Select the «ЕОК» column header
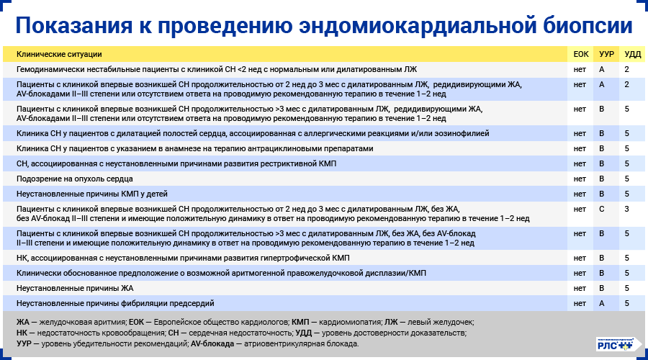pos(580,54)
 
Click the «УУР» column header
pos(606,54)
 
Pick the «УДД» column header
pos(631,54)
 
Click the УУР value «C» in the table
pos(601,209)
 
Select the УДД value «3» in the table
pos(627,209)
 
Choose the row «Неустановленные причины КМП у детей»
pos(81,194)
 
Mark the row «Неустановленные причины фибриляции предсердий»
pos(115,303)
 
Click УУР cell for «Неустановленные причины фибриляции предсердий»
pos(601,303)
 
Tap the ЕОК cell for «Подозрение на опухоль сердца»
pos(580,178)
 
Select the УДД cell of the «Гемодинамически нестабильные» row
pos(627,69)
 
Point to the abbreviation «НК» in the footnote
pos(22,333)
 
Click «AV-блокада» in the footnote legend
pos(214,344)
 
